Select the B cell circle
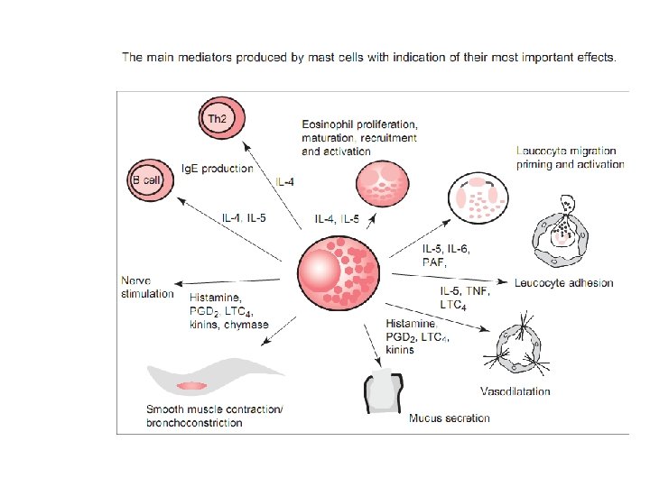(145, 179)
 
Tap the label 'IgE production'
(218, 169)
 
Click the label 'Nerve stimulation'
(146, 287)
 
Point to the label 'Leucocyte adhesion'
(564, 282)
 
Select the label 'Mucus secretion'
(450, 418)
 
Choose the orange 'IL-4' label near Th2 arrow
(284, 182)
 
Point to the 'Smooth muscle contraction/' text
(214, 409)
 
